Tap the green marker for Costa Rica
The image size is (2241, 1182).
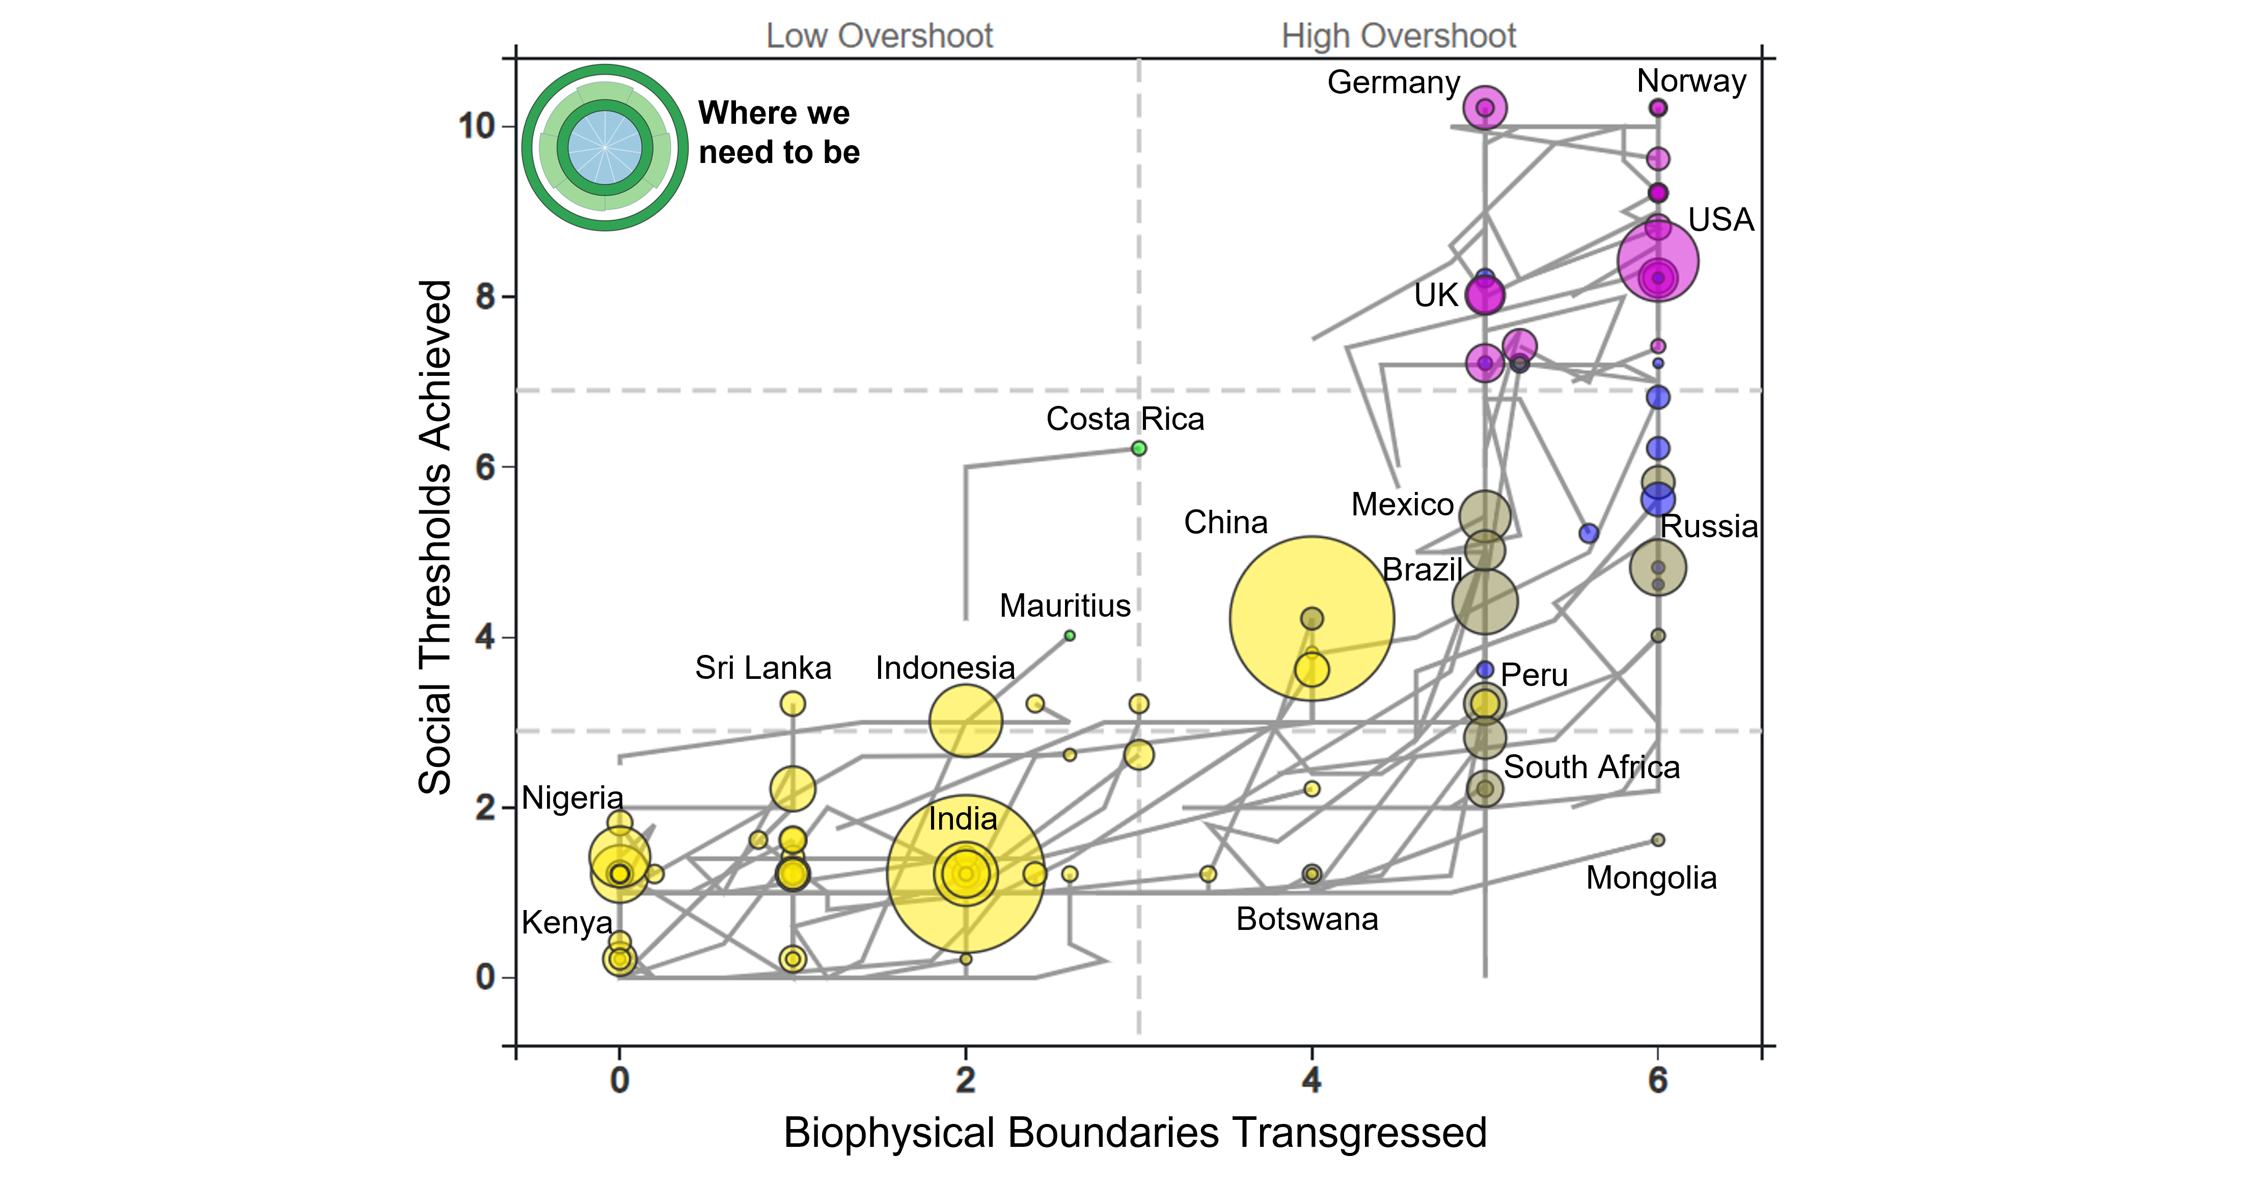click(x=1138, y=449)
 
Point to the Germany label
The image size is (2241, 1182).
click(x=1393, y=83)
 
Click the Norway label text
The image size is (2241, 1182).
click(x=1690, y=81)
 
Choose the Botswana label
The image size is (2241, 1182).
click(x=1307, y=919)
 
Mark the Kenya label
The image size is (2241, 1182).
click(x=566, y=922)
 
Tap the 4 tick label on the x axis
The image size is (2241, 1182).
click(x=1311, y=1080)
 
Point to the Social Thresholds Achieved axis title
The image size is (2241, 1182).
click(x=435, y=537)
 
